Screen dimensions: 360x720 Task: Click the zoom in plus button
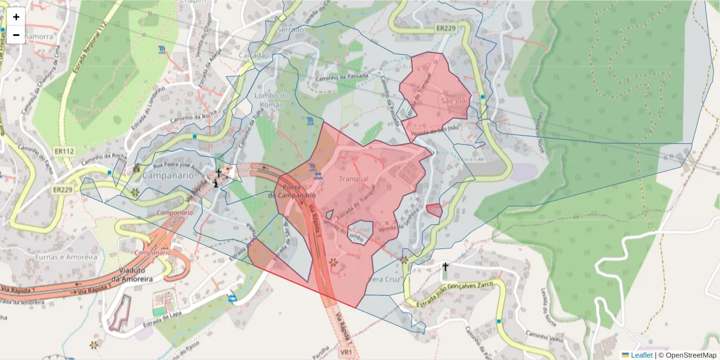16,17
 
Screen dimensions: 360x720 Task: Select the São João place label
454,100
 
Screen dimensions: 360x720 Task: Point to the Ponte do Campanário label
292,191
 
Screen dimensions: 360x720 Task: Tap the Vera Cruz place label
382,280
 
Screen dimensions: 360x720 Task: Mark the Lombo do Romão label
272,100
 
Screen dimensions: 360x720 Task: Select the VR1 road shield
347,350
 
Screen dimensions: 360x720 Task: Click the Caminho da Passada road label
341,80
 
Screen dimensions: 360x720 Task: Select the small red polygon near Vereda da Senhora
434,210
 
